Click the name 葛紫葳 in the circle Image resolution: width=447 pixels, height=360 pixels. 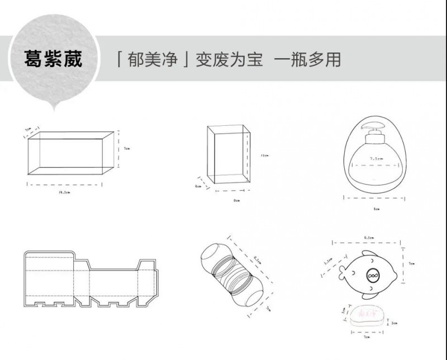pos(53,59)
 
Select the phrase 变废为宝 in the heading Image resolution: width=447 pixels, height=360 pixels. pos(229,59)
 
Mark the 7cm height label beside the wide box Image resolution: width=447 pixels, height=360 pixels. pos(127,149)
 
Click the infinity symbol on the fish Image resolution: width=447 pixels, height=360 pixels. pos(373,276)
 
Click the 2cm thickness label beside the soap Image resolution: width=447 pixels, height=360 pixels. pos(394,323)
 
